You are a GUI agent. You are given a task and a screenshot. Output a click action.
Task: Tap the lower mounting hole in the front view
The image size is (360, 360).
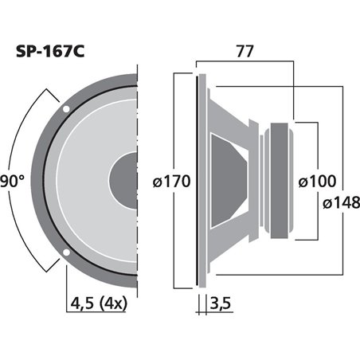67,254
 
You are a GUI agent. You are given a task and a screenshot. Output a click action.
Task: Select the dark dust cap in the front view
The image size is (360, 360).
125,181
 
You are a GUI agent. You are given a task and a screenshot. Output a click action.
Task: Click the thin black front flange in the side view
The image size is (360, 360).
196,181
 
